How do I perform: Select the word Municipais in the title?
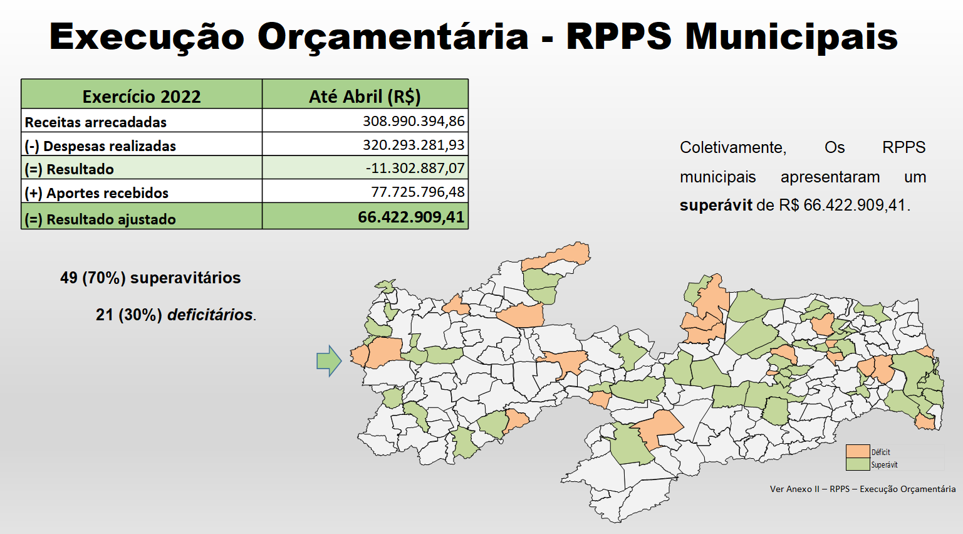coord(791,36)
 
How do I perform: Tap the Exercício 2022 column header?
coord(142,97)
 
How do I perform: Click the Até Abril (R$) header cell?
coord(365,97)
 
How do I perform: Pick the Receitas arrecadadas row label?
coord(95,122)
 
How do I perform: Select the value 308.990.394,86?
coord(414,121)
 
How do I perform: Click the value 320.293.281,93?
coord(414,144)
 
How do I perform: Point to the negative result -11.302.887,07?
coord(415,168)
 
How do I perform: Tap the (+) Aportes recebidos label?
coord(96,193)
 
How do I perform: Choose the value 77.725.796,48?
coord(418,191)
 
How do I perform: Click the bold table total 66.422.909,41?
coord(411,217)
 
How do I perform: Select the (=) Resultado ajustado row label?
coord(100,219)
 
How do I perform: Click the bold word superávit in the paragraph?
coord(716,206)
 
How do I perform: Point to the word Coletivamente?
coord(733,147)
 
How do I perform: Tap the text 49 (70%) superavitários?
coord(150,278)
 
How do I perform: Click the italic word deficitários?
coord(210,315)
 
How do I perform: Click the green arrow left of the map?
coord(329,361)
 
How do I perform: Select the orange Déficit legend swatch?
coord(858,451)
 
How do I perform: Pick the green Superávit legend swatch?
coord(858,464)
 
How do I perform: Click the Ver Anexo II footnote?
coord(862,489)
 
